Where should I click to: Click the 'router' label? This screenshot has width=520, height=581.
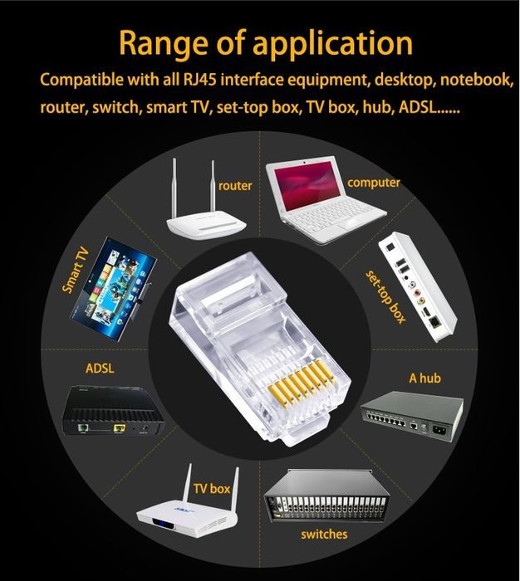235,186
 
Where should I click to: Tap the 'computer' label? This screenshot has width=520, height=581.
374,182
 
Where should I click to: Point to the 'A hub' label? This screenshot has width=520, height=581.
424,378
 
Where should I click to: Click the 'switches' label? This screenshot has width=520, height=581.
324,534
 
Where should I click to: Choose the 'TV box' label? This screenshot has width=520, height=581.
211,489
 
